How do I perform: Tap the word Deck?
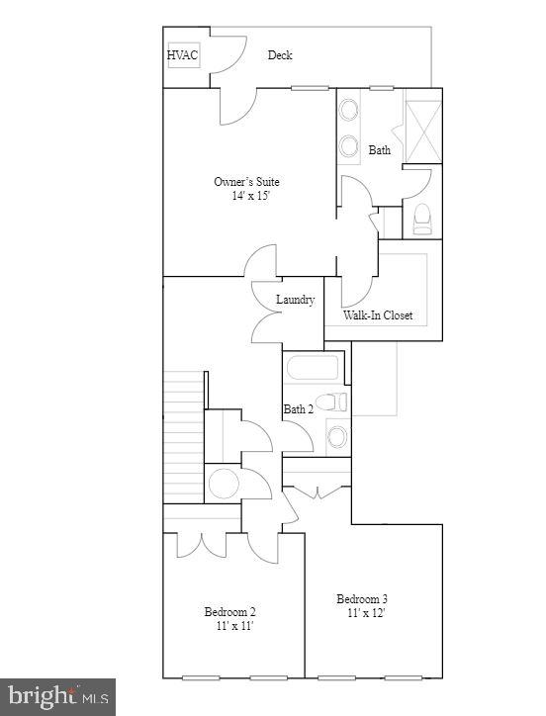click(x=280, y=55)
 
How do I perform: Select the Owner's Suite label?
click(x=246, y=182)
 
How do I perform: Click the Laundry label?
click(x=295, y=300)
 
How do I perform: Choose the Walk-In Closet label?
click(x=378, y=316)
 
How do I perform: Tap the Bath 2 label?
click(x=298, y=409)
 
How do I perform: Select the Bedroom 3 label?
click(x=362, y=599)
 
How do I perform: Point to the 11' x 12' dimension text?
click(x=365, y=613)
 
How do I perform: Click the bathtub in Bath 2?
click(x=314, y=370)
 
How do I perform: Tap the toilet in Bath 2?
click(x=337, y=402)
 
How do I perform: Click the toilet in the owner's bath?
click(x=422, y=218)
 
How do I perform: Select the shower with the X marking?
click(x=422, y=126)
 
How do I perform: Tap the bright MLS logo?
click(x=57, y=696)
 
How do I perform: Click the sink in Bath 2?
click(x=337, y=435)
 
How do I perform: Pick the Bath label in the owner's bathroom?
click(x=379, y=151)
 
